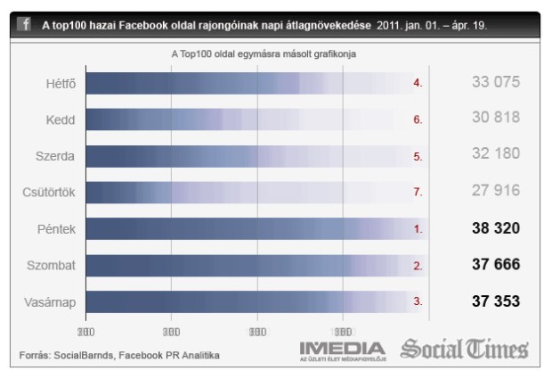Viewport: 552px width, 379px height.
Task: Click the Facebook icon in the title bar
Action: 26,24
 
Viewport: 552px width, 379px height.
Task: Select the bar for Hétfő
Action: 249,83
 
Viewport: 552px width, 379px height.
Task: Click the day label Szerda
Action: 55,156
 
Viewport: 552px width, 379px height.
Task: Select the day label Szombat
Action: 51,266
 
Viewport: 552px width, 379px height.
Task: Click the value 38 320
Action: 495,229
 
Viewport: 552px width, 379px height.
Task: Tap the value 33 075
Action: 495,83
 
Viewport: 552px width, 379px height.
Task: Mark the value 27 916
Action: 495,193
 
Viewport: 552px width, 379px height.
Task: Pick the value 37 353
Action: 495,302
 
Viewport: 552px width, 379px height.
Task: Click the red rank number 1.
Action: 418,229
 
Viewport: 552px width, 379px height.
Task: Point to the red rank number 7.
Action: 418,193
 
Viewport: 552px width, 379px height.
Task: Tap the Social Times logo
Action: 464,349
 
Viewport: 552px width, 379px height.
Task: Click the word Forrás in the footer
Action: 35,356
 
